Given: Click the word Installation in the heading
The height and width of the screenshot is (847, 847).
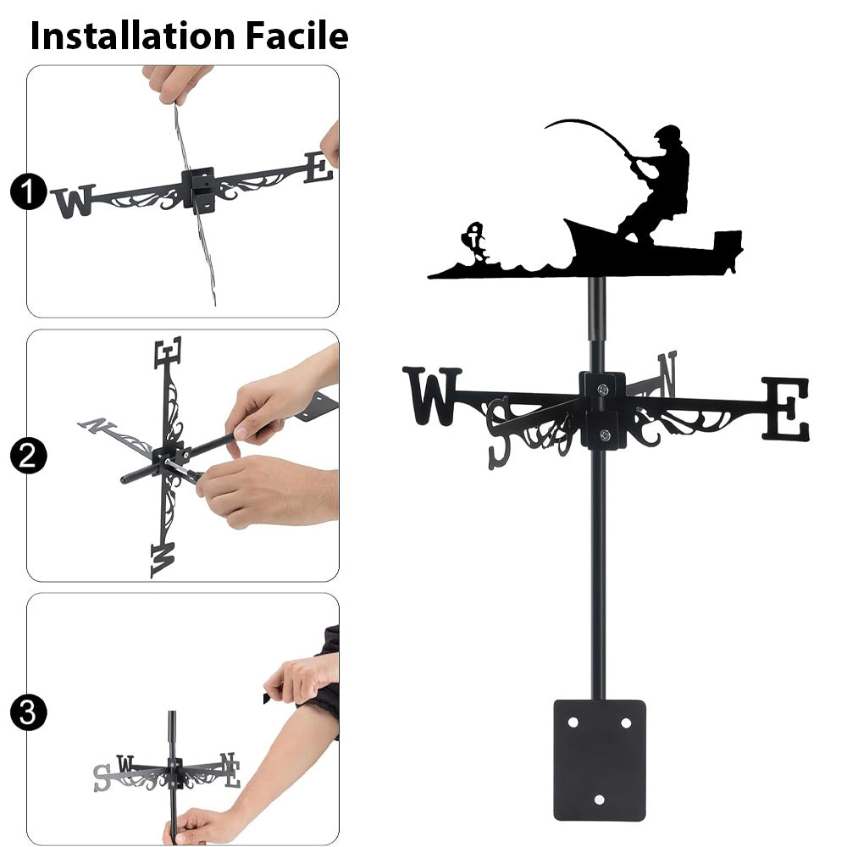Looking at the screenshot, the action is [133, 36].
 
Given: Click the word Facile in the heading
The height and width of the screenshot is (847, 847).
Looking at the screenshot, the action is [297, 36].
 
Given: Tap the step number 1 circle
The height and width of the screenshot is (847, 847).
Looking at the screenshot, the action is [29, 191].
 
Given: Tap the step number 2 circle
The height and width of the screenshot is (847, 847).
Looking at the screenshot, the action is [28, 456].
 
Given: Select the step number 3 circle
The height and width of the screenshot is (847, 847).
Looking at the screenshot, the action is [28, 712].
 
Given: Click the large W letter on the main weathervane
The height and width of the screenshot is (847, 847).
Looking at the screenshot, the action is [432, 396].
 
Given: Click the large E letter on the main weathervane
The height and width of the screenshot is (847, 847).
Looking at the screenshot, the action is [786, 409].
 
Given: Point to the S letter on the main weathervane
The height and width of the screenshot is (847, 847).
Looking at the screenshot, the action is [499, 433].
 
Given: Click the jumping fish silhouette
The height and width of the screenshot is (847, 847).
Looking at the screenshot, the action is [475, 242].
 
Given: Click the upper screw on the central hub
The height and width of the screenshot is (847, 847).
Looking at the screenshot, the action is [603, 389].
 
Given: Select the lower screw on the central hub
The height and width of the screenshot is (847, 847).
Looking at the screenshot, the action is [605, 435].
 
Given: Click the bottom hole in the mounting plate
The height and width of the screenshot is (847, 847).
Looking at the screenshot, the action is [599, 799].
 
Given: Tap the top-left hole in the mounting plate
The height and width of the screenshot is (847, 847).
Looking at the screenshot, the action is [573, 722].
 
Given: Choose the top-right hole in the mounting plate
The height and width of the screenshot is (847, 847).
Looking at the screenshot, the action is [626, 722].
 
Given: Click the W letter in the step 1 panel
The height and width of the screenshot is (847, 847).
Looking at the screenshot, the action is [73, 201].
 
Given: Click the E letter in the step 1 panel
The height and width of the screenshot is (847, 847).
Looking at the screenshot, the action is [318, 168].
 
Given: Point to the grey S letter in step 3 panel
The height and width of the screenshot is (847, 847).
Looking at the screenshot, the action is [102, 778].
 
